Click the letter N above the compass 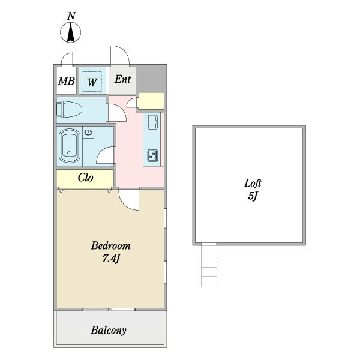pyautogui.click(x=71, y=16)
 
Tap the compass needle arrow pyautogui.click(x=71, y=33)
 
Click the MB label pyautogui.click(x=67, y=81)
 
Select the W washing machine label pyautogui.click(x=92, y=82)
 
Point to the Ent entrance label pyautogui.click(x=122, y=79)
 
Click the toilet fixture pyautogui.click(x=69, y=109)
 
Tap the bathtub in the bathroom pyautogui.click(x=70, y=146)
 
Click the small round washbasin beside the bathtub pyautogui.click(x=88, y=132)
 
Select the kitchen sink pyautogui.click(x=152, y=122)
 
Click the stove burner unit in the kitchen pyautogui.click(x=152, y=155)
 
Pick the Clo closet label pyautogui.click(x=85, y=178)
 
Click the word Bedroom pyautogui.click(x=110, y=245)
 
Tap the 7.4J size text pyautogui.click(x=111, y=259)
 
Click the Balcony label pyautogui.click(x=109, y=331)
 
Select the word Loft pyautogui.click(x=253, y=183)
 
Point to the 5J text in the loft pyautogui.click(x=253, y=196)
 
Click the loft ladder pyautogui.click(x=209, y=265)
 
